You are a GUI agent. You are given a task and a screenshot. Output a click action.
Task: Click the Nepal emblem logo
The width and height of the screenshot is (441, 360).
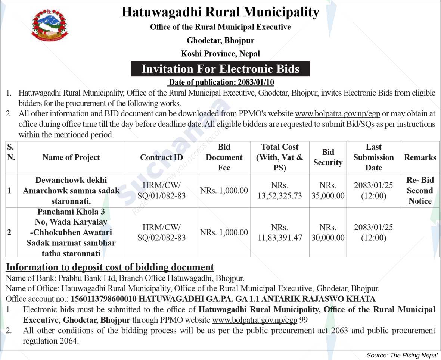coord(50,25)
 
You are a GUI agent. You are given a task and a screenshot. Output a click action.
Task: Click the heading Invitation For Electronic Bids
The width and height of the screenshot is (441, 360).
coord(220,69)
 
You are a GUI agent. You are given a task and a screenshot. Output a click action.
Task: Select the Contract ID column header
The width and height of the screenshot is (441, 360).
coord(161,157)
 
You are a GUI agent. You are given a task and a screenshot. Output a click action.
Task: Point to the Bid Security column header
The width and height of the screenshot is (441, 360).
coord(327,157)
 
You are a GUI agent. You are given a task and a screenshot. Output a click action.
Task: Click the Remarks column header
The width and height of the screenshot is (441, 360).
coord(420,157)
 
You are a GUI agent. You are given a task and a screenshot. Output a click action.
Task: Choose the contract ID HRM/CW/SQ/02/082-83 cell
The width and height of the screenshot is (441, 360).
coord(161,232)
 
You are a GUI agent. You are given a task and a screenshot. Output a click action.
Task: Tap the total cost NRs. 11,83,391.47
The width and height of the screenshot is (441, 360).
coord(279,232)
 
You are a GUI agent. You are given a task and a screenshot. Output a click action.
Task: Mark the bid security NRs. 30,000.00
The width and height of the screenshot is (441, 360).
coord(327,232)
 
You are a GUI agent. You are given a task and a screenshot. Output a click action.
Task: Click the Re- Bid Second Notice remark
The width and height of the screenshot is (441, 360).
coord(420,191)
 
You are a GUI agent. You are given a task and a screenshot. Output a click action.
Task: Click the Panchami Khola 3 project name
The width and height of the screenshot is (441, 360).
coord(71,232)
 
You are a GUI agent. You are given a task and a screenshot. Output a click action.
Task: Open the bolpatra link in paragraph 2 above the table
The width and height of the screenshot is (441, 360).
coord(337,114)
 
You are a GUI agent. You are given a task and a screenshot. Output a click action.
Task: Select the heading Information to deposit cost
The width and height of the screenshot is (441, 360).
coord(110,267)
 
